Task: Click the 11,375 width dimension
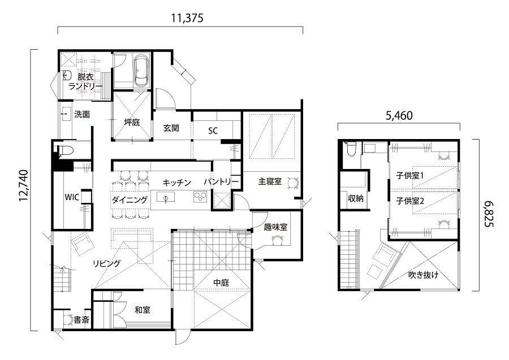(x=187, y=18)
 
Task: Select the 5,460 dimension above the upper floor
(x=399, y=115)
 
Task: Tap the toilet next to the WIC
(x=65, y=151)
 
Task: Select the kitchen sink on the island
(x=166, y=197)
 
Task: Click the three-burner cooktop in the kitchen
(x=200, y=197)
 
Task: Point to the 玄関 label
(x=171, y=128)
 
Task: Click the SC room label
(x=213, y=131)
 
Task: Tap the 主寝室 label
(x=270, y=181)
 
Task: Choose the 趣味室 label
(x=275, y=227)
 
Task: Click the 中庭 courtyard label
(x=221, y=283)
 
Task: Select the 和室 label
(x=143, y=310)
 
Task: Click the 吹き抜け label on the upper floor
(x=423, y=275)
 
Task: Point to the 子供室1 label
(x=410, y=175)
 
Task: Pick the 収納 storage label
(x=356, y=198)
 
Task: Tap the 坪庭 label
(x=132, y=122)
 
